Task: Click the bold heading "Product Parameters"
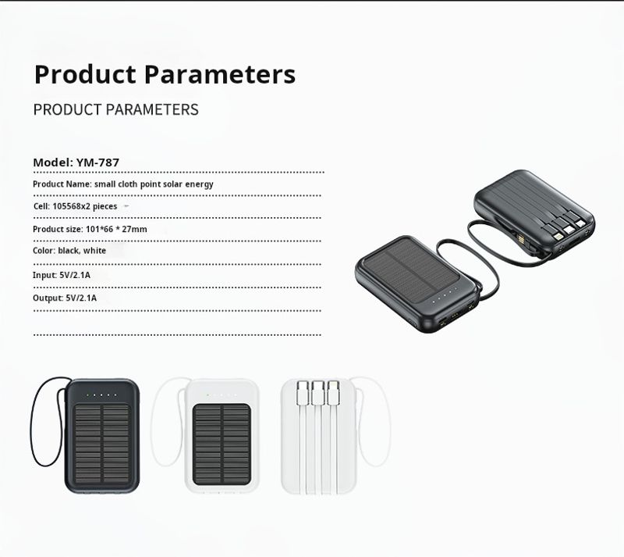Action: pyautogui.click(x=165, y=74)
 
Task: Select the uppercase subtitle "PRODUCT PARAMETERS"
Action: pyautogui.click(x=115, y=109)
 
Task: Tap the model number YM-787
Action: pyautogui.click(x=97, y=162)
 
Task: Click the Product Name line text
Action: pyautogui.click(x=123, y=184)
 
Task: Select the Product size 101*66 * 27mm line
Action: pyautogui.click(x=90, y=229)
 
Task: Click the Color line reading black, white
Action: pyautogui.click(x=69, y=251)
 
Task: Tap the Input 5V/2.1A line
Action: pyautogui.click(x=62, y=275)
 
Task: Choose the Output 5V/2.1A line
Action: pyautogui.click(x=65, y=298)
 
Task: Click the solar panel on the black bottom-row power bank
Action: pyautogui.click(x=102, y=444)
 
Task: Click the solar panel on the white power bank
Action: pyautogui.click(x=222, y=444)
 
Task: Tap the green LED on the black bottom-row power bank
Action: pyautogui.click(x=88, y=395)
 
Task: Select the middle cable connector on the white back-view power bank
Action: pyautogui.click(x=317, y=392)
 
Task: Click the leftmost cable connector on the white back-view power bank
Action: pyautogui.click(x=303, y=392)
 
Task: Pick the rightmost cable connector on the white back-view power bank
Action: pyautogui.click(x=333, y=392)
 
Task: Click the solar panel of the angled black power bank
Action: pyautogui.click(x=413, y=270)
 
